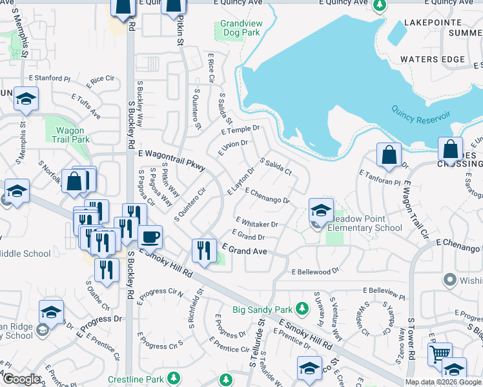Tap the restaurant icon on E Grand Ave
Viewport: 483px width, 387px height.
pyautogui.click(x=204, y=250)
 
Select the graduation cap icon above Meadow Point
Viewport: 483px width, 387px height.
pyautogui.click(x=320, y=210)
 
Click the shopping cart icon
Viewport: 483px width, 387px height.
pyautogui.click(x=440, y=354)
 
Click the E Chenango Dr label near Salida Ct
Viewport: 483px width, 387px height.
pyautogui.click(x=267, y=196)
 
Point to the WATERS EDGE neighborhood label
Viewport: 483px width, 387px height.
pyautogui.click(x=432, y=59)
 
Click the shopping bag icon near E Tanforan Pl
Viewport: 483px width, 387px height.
pyautogui.click(x=389, y=155)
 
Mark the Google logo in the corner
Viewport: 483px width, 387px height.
pyautogui.click(x=21, y=379)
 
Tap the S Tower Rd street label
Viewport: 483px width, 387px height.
pyautogui.click(x=411, y=342)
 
